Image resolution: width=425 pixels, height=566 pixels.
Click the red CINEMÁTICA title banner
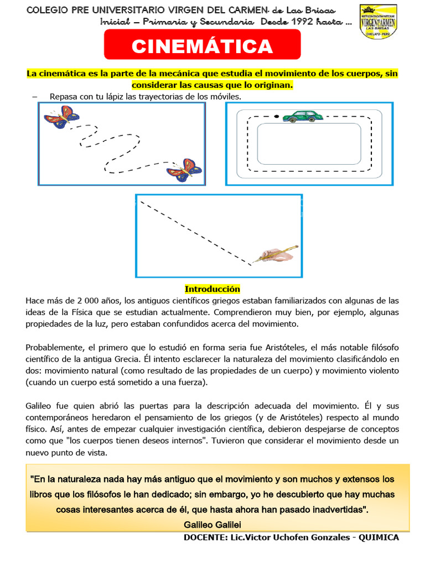coord(202,46)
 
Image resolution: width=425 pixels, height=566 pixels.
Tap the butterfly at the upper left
coord(61,118)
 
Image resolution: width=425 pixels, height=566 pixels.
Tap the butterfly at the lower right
coord(184,170)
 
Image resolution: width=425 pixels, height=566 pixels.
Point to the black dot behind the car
coord(276,117)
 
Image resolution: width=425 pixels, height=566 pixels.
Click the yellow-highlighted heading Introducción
coord(212,289)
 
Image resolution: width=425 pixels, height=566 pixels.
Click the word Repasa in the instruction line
coord(65,97)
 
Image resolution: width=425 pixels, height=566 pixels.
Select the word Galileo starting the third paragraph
coord(41,405)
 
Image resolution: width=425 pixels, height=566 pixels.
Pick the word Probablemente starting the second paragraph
coord(54,347)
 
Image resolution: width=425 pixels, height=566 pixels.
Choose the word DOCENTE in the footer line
coord(203,538)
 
